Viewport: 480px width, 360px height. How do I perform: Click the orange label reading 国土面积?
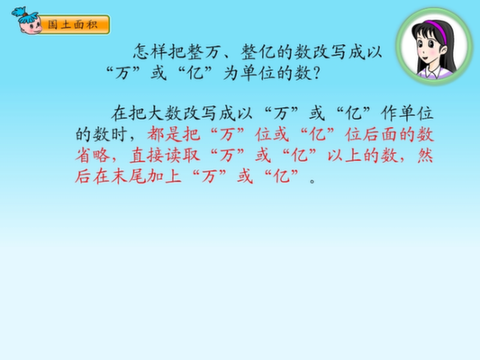(x=74, y=24)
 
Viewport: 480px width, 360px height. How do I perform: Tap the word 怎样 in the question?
(x=151, y=51)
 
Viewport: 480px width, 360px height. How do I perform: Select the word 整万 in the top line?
(x=204, y=51)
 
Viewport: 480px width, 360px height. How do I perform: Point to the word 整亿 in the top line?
(x=258, y=51)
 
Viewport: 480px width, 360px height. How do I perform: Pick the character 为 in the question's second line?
(x=231, y=74)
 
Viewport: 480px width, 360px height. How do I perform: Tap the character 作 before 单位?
(x=389, y=113)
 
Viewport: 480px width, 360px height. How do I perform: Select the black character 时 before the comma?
(x=119, y=135)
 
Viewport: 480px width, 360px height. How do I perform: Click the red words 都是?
(x=165, y=135)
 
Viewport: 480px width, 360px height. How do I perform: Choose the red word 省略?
(x=93, y=156)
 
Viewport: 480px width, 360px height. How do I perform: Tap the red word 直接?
(x=147, y=156)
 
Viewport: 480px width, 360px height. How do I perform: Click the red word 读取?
(x=183, y=156)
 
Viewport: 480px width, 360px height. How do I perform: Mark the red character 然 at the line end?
(x=425, y=156)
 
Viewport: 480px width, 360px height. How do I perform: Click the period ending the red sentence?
(x=312, y=181)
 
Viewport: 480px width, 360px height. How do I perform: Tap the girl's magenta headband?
(x=435, y=29)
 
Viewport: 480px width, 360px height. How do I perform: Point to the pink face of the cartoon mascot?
(x=30, y=27)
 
